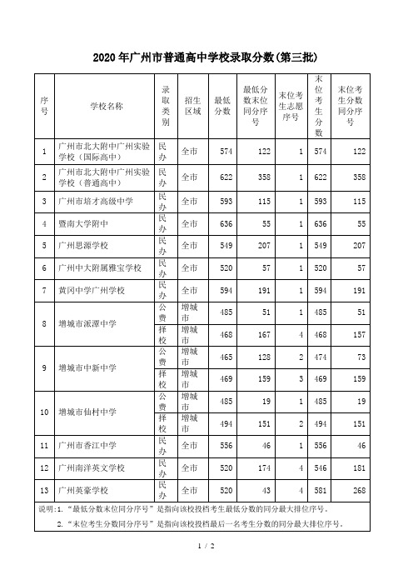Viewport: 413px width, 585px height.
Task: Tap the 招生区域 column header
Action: pos(191,106)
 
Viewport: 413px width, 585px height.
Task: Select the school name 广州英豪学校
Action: pos(82,490)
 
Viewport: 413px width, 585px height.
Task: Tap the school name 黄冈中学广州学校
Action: pos(90,290)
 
